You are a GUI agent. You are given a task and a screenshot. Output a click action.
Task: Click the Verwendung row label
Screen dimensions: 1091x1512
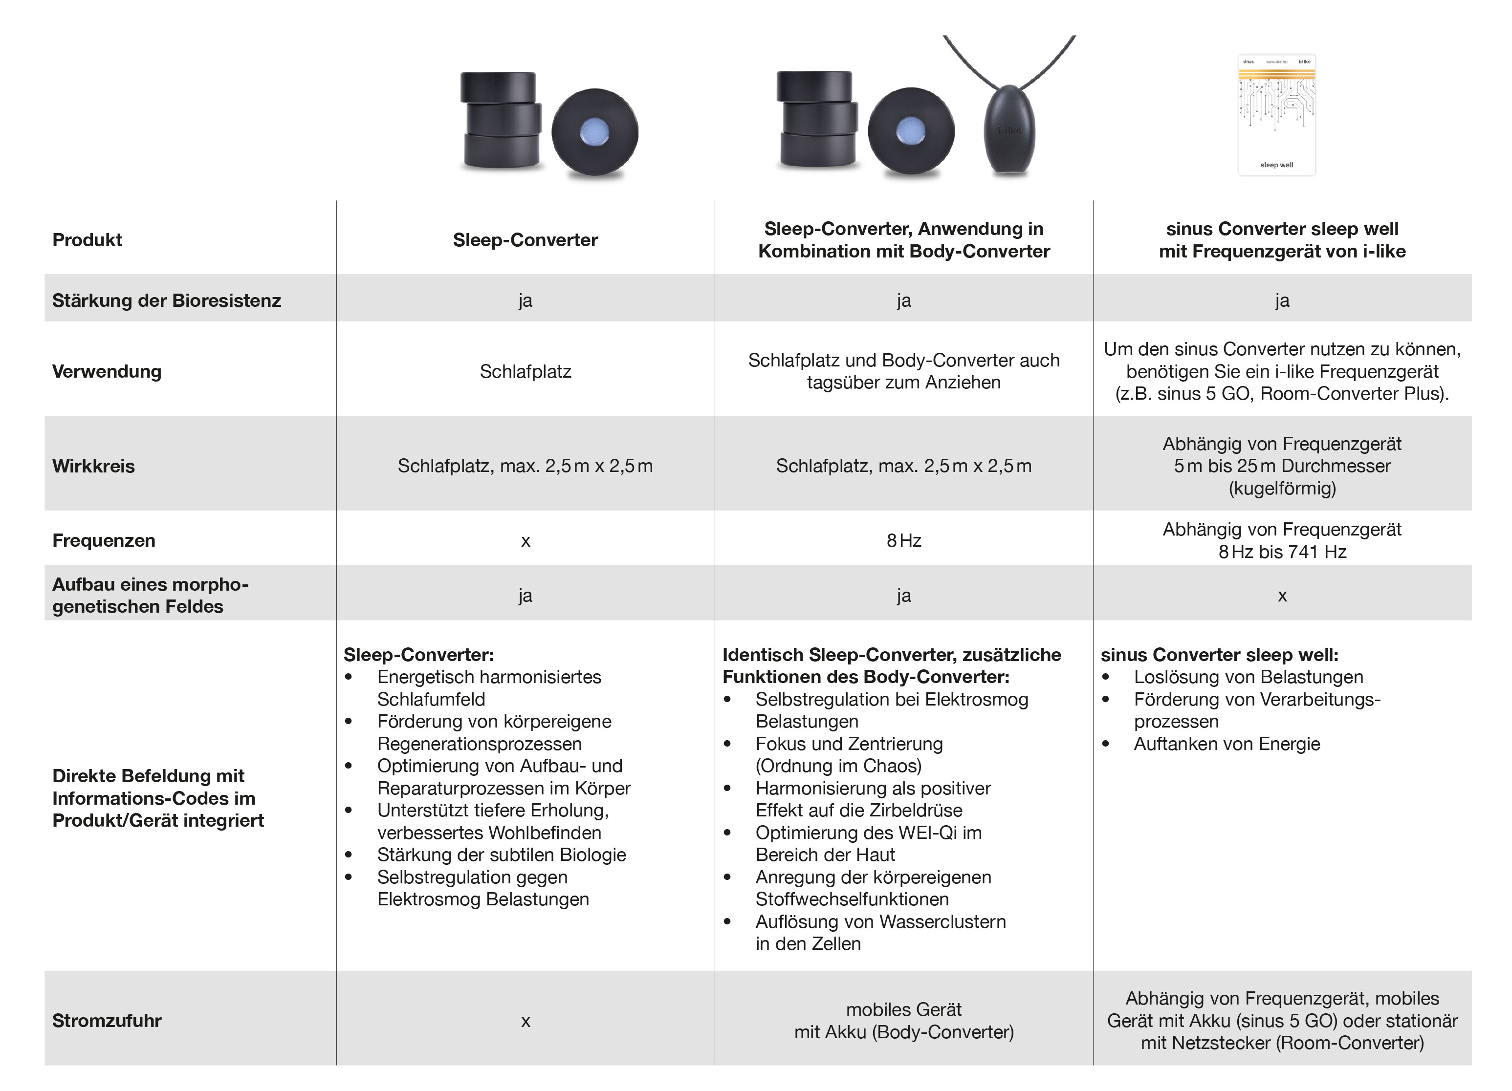pyautogui.click(x=107, y=371)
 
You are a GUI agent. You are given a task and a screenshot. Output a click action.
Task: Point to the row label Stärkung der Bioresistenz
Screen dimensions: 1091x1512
pyautogui.click(x=167, y=300)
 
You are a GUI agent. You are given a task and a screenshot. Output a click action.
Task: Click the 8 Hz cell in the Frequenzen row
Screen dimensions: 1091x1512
pyautogui.click(x=903, y=540)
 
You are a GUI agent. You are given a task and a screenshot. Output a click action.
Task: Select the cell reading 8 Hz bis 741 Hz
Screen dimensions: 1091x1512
pyautogui.click(x=1282, y=552)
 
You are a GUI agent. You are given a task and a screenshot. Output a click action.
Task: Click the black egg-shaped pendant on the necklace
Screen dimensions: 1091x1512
pyautogui.click(x=1009, y=129)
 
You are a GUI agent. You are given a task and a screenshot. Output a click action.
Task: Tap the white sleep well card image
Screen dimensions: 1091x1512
pyautogui.click(x=1277, y=115)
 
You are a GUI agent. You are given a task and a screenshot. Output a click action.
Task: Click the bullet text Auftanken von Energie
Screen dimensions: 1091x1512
pyautogui.click(x=1227, y=744)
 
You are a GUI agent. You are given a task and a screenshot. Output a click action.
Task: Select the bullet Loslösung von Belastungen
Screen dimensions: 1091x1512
pyautogui.click(x=1248, y=677)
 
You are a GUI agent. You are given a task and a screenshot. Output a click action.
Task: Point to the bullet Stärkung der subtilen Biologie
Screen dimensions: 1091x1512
pyautogui.click(x=502, y=855)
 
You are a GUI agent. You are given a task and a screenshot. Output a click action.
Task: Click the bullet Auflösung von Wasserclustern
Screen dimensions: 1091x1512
pyautogui.click(x=880, y=922)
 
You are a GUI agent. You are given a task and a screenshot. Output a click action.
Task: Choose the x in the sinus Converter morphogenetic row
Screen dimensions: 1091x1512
pyautogui.click(x=1282, y=595)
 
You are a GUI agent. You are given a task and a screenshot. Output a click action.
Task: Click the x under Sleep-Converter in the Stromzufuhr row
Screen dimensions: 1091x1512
pyautogui.click(x=526, y=1021)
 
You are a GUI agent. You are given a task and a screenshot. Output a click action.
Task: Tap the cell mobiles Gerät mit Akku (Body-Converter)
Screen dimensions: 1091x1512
pyautogui.click(x=903, y=1021)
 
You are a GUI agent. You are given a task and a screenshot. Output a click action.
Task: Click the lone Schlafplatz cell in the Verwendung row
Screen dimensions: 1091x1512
pyautogui.click(x=526, y=371)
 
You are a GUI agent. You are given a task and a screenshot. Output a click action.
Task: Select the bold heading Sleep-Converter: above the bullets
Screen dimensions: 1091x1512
pyautogui.click(x=418, y=655)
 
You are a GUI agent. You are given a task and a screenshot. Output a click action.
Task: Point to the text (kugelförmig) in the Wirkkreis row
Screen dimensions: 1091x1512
pyautogui.click(x=1282, y=489)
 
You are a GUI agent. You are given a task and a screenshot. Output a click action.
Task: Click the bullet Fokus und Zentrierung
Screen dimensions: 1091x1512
pyautogui.click(x=849, y=744)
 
